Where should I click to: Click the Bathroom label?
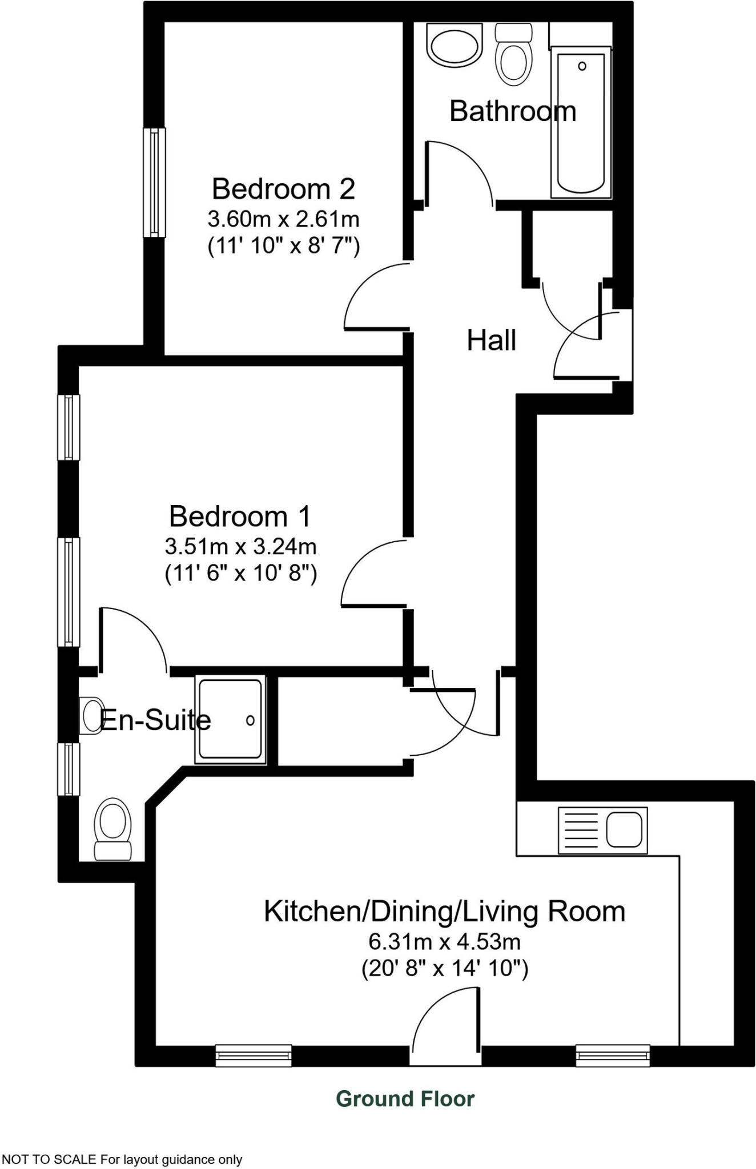pos(512,111)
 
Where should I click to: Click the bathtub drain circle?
pos(582,66)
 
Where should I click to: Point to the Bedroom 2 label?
pos(283,189)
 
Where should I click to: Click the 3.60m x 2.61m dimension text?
pos(283,219)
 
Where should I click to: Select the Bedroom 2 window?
pos(154,182)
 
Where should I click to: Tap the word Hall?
pos(491,341)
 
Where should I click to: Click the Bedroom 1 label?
pos(240,517)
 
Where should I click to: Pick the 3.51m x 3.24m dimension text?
pos(240,547)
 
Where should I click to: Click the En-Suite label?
pos(155,720)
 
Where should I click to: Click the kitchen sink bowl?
pos(624,829)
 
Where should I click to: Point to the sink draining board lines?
pos(581,830)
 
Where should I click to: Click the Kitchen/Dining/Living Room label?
pos(444,911)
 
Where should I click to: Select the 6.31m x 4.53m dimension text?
pos(444,941)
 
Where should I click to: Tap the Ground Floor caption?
pos(405,1098)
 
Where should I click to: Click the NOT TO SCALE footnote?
pos(122,1159)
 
